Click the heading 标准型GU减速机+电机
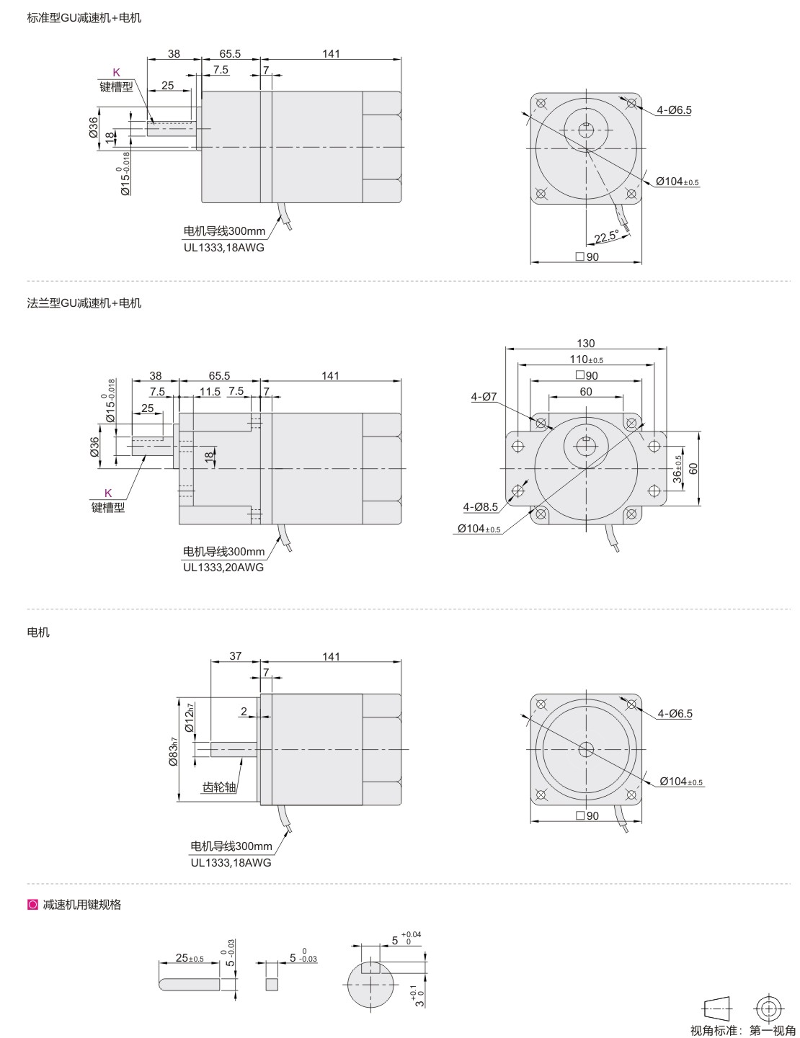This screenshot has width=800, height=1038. [84, 18]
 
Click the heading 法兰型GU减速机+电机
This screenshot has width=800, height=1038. [84, 303]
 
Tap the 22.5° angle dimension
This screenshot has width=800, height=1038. [606, 236]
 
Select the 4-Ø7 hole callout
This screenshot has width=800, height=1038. [484, 396]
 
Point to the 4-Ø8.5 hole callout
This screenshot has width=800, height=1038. [480, 507]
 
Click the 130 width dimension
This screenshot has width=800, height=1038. [585, 344]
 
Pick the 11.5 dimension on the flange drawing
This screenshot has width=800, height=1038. [210, 392]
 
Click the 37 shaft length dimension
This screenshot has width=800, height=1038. [235, 656]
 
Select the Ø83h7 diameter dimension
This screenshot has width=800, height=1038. [173, 751]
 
